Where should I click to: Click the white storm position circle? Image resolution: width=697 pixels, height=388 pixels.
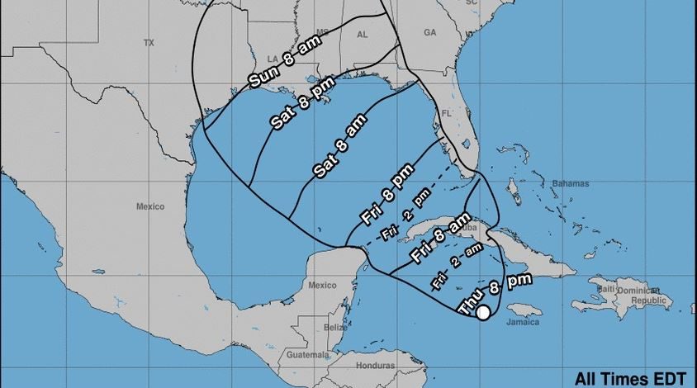484,313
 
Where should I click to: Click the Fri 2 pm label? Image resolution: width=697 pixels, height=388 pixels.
406,215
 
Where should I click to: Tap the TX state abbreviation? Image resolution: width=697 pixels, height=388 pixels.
149,42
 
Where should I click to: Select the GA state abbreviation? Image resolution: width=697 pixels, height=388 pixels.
429,32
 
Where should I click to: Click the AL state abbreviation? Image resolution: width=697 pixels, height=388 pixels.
362,35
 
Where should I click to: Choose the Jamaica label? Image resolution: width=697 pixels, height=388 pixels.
523,322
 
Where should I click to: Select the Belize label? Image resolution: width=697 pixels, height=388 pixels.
336,328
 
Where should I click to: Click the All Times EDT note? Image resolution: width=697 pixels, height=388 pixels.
630,378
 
